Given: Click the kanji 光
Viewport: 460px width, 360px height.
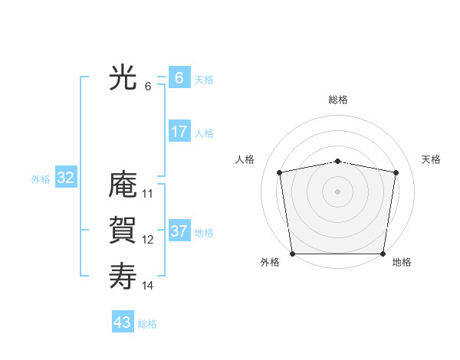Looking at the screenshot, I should (123, 77).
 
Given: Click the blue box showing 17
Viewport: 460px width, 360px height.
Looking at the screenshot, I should (179, 132).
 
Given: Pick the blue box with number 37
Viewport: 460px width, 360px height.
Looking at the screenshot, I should (179, 231).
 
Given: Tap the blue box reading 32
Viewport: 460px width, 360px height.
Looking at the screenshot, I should (66, 178).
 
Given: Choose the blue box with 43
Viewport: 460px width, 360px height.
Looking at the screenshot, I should (123, 322).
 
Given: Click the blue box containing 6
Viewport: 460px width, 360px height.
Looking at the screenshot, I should (179, 78).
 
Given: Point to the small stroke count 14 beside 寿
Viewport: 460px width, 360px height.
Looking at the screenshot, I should (148, 285).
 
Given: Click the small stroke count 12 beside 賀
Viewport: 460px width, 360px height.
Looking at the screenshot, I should (148, 239).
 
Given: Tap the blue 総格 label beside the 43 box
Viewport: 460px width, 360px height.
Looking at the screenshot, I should (147, 324).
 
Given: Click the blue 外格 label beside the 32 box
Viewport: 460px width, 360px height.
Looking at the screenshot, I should (41, 179).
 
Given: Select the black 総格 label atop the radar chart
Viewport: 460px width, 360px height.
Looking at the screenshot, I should (338, 100).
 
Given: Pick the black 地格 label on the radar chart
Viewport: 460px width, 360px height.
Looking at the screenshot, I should (402, 262).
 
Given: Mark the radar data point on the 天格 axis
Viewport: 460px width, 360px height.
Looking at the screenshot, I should (396, 172).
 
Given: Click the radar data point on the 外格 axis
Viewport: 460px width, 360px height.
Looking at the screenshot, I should (292, 254).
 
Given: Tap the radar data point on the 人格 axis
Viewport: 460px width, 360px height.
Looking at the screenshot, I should (280, 172).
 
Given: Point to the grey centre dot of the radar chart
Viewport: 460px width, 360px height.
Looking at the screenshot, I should (338, 191).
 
